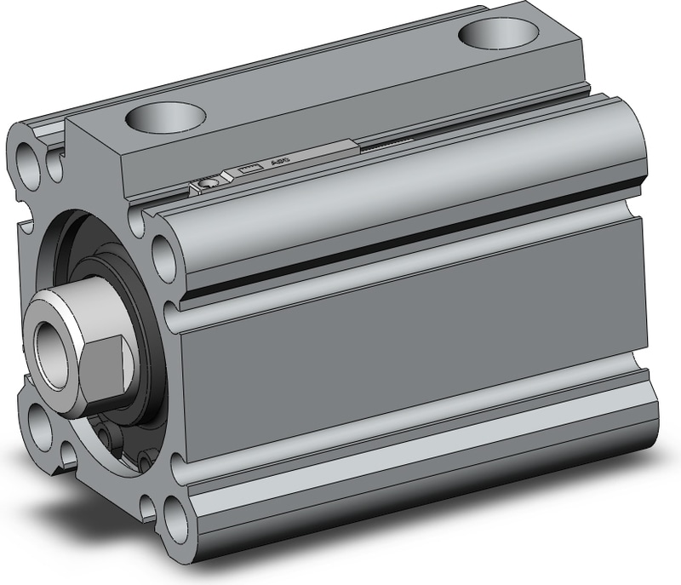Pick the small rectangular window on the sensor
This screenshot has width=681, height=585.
(248, 169)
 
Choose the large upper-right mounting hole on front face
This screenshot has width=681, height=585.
(164, 249)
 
